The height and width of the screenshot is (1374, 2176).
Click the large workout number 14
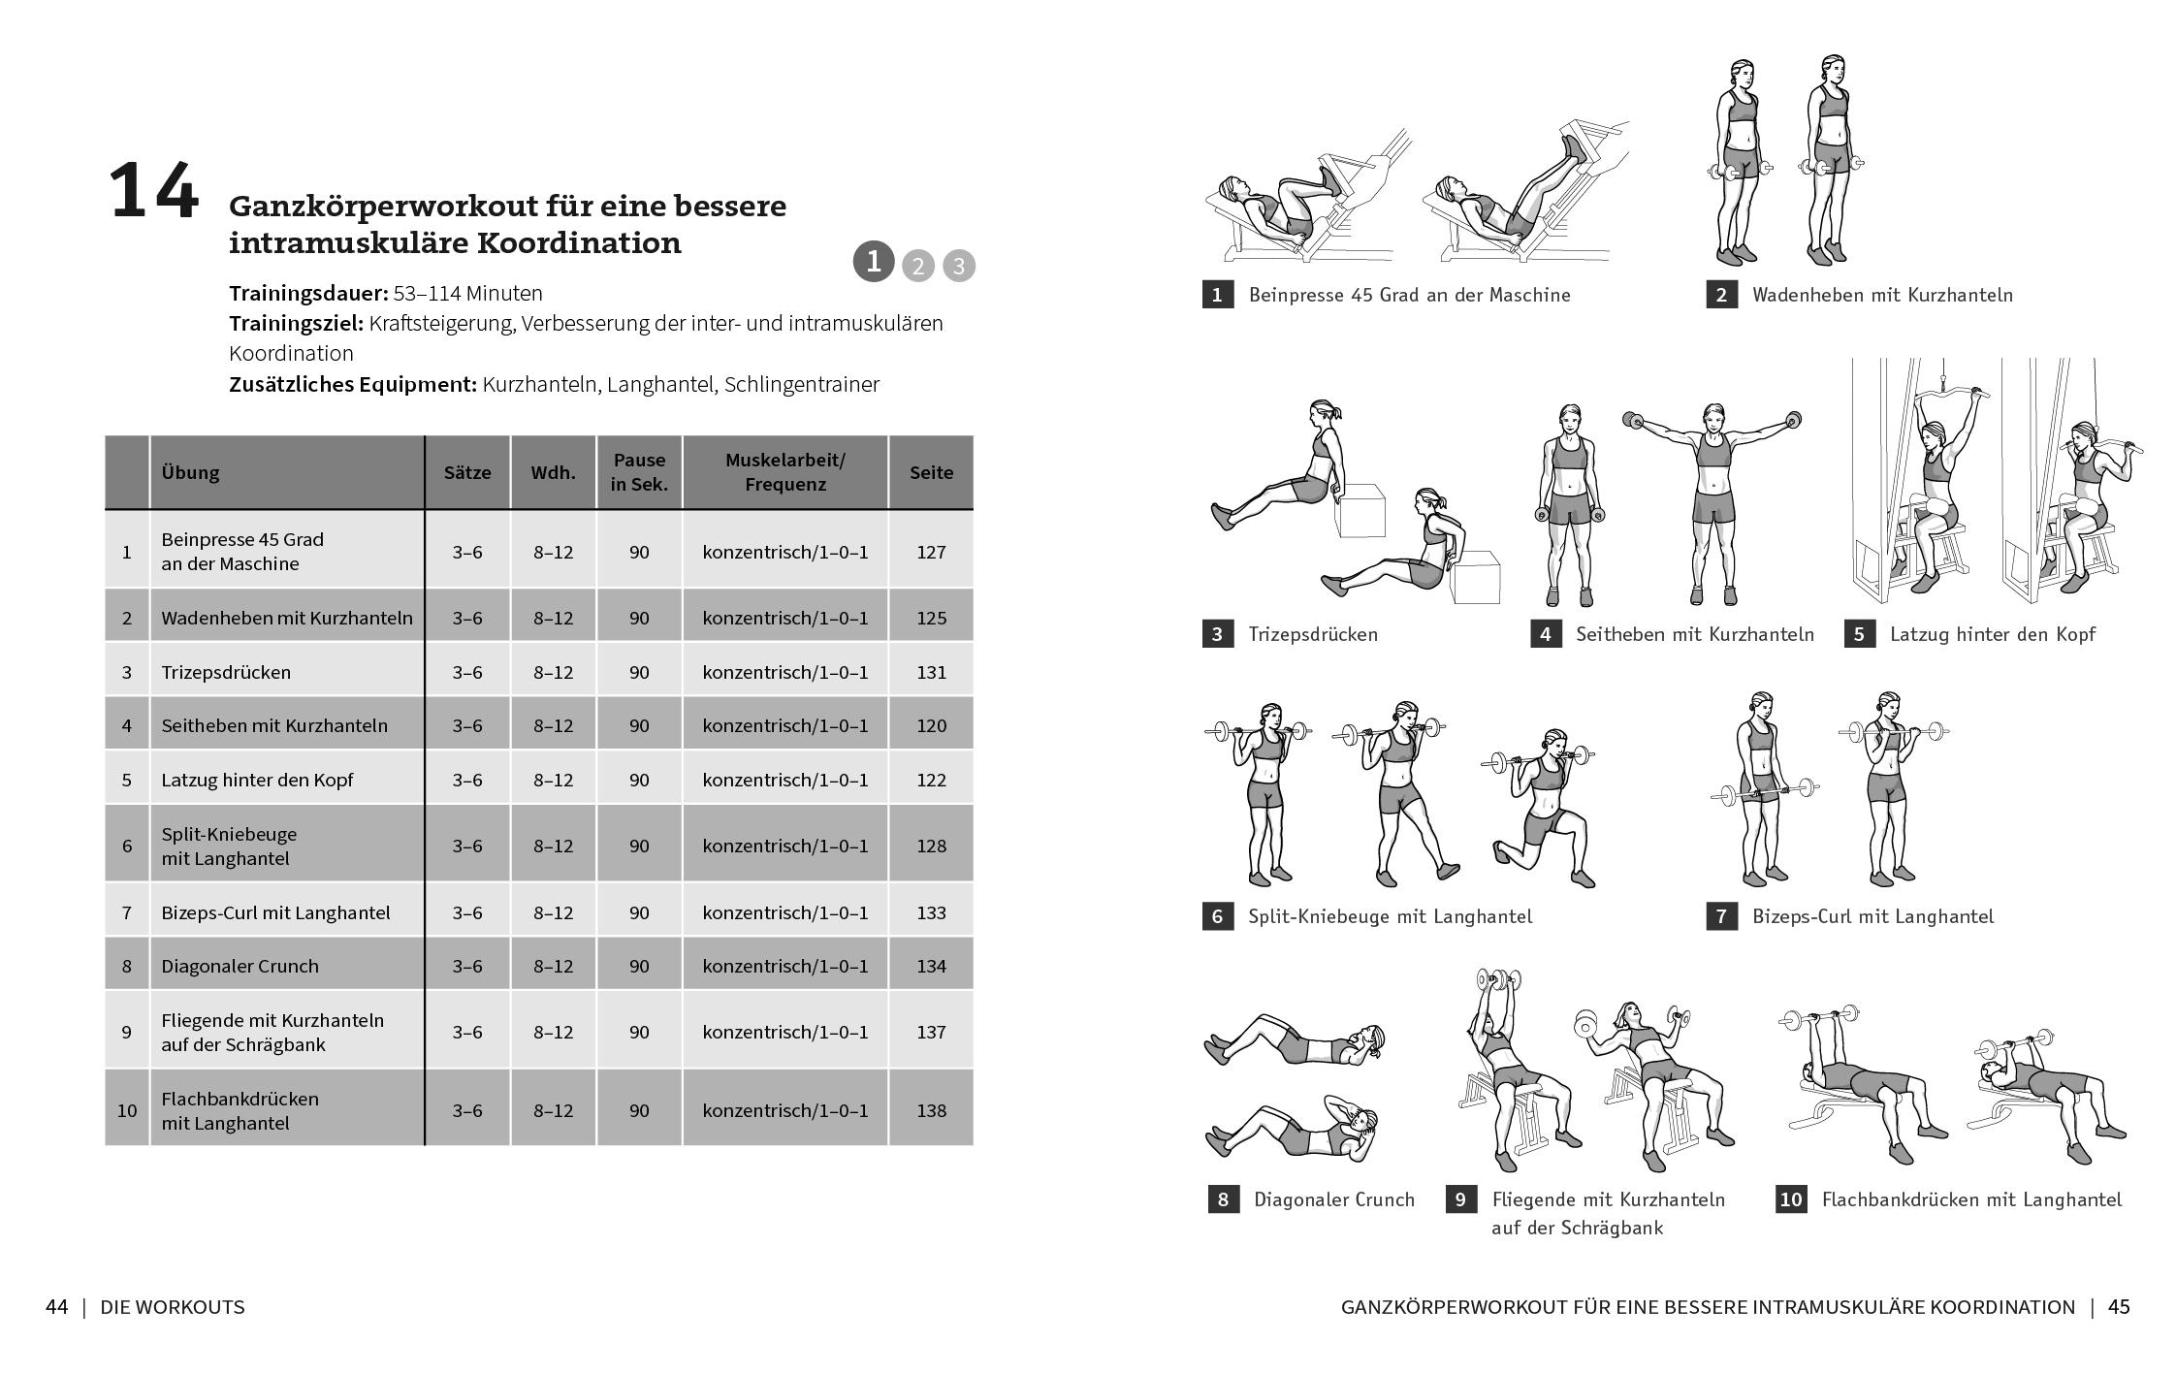[x=153, y=193]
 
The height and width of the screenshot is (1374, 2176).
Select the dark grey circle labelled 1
[x=873, y=262]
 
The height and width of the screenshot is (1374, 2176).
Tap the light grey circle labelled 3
[x=958, y=266]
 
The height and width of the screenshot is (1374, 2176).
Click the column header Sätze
[x=467, y=472]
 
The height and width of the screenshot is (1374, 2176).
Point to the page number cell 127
[x=931, y=552]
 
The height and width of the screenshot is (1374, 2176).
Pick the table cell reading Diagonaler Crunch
[x=240, y=966]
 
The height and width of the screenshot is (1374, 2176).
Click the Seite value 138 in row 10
[x=931, y=1110]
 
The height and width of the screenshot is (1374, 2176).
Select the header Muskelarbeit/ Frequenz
[x=784, y=472]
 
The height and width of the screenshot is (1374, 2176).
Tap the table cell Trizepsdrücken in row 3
[x=226, y=672]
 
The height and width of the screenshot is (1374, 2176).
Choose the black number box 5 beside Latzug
[x=1859, y=634]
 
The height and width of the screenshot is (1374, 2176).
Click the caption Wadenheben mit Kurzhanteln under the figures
[x=1882, y=295]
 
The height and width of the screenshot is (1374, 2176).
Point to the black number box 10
[x=1790, y=1199]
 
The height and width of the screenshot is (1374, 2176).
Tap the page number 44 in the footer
[x=56, y=1307]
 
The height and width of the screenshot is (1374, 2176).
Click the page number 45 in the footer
[x=2119, y=1307]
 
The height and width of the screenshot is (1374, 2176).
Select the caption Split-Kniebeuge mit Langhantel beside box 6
[x=1390, y=916]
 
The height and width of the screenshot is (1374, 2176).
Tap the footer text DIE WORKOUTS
[x=173, y=1307]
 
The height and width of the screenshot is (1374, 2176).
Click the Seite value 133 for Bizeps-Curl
[x=931, y=912]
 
